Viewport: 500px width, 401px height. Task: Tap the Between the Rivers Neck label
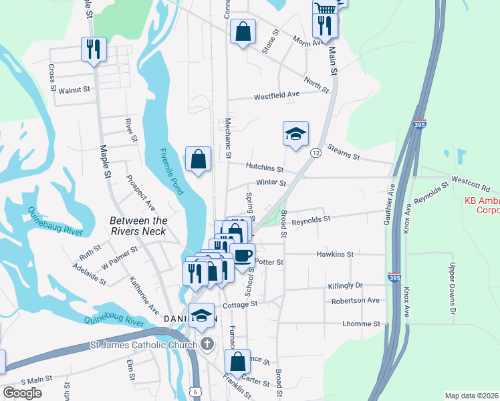(138, 226)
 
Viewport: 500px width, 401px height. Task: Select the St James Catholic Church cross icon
(208, 344)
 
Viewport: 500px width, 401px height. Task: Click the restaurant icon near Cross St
(93, 48)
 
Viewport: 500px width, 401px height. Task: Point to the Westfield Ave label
(276, 96)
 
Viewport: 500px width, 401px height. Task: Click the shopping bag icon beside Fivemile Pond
(199, 159)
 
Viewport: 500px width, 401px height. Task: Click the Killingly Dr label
(345, 285)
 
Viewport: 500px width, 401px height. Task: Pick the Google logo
(23, 393)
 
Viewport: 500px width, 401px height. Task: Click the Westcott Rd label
(471, 179)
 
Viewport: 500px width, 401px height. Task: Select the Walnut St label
(74, 90)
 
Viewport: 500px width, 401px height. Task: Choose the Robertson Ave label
(356, 300)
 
